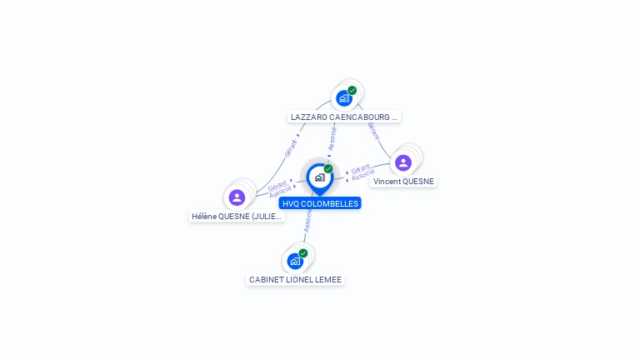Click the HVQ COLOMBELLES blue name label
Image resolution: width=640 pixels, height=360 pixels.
coord(320,203)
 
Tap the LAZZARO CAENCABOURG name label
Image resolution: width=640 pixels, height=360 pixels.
coord(344,117)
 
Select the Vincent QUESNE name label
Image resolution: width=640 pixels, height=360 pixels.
coord(403,182)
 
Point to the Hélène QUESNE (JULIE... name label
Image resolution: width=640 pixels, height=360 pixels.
coord(237,217)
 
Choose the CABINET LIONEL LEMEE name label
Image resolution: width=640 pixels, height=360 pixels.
coord(295,280)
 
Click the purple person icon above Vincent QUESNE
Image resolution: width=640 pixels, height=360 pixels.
coord(403,162)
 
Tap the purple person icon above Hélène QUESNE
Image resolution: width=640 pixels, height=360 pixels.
coord(237,197)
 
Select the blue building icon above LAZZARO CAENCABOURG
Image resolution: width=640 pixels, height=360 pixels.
coord(343,98)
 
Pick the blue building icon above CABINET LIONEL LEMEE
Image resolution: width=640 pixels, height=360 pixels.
coord(295,261)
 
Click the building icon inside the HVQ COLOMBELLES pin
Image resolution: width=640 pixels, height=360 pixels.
coord(319,177)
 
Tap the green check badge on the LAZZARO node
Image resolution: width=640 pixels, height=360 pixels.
coord(352,90)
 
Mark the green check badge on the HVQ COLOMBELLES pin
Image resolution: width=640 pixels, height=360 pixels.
coord(328,168)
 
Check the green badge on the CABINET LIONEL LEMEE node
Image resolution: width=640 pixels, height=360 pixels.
coord(303,252)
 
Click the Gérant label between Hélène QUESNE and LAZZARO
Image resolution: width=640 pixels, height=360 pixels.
coord(291,147)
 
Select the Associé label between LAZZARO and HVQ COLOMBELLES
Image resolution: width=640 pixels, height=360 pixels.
coord(332,137)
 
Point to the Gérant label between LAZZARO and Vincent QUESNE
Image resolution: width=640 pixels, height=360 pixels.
coord(372,130)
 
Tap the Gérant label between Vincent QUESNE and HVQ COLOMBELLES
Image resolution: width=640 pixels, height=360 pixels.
coord(361,168)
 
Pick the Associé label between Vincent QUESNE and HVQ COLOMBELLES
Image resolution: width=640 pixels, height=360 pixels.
coord(362,177)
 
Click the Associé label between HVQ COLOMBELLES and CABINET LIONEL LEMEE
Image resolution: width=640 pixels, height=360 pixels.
coord(307,221)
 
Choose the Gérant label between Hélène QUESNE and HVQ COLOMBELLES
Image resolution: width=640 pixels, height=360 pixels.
coord(277,184)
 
